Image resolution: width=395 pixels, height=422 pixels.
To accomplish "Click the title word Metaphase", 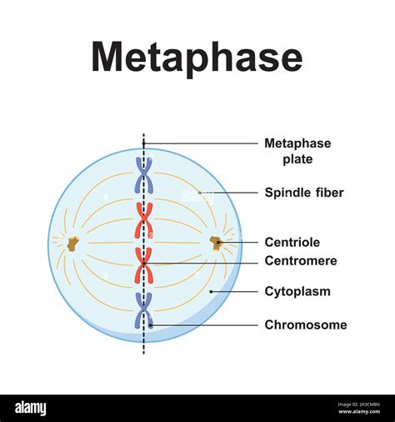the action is point(197,59).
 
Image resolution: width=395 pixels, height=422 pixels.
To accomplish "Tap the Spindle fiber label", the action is point(304,193).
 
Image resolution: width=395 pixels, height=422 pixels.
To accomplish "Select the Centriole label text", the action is point(292,242).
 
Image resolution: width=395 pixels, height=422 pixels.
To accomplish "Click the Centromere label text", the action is point(301,261).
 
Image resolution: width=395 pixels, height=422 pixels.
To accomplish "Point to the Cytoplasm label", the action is point(297,292).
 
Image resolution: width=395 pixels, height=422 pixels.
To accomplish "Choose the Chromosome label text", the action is point(306,324).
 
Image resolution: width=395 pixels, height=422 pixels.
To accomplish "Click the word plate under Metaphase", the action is point(297,159).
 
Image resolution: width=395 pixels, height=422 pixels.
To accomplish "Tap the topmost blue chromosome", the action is point(144,175).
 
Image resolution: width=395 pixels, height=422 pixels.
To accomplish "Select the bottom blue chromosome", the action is point(144,310).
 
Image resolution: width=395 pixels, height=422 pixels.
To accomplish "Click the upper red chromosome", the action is point(144,220).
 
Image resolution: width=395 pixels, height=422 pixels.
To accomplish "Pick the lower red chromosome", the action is point(144,265).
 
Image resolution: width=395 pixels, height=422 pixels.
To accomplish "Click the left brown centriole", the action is point(72,244).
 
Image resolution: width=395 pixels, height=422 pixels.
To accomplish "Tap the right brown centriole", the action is point(215,244).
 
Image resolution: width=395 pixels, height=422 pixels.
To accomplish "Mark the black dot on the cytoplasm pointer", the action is point(211,292).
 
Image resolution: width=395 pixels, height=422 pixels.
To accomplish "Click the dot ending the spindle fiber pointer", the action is point(199,193).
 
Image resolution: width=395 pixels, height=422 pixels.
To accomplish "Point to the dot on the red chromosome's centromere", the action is point(143,263).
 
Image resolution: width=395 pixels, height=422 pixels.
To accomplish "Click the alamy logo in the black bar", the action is point(31,409).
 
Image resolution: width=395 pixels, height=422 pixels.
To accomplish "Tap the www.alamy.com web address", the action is point(359,411).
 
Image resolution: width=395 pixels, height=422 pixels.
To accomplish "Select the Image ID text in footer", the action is point(359,404).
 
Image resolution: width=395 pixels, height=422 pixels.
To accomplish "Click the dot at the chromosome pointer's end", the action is point(151,324).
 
